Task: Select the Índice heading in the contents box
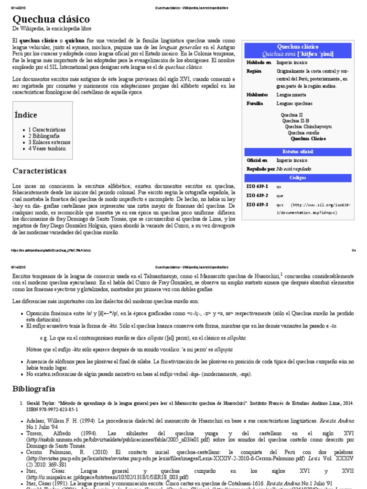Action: pyautogui.click(x=25, y=115)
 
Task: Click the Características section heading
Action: pyautogui.click(x=40, y=170)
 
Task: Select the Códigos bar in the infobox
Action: pyautogui.click(x=297, y=178)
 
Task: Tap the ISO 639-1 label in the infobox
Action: pyautogui.click(x=257, y=186)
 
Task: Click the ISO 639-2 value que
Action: pyautogui.click(x=280, y=195)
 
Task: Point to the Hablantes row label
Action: pyautogui.click(x=257, y=95)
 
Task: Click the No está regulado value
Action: pyautogui.click(x=293, y=169)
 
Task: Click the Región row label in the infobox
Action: pyautogui.click(x=255, y=71)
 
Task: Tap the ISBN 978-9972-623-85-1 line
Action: pyautogui.click(x=50, y=409)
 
